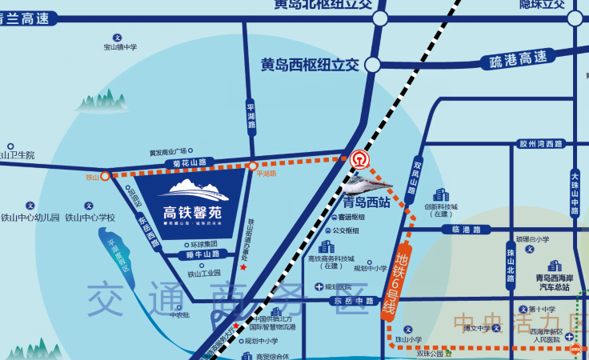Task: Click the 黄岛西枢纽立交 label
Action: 310,64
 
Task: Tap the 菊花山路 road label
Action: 189,162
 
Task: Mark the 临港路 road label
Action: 465,230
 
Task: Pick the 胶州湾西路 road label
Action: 542,144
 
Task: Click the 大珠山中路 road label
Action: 575,194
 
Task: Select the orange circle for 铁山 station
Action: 105,176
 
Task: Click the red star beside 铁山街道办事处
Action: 243,267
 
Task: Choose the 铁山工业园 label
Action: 204,274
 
